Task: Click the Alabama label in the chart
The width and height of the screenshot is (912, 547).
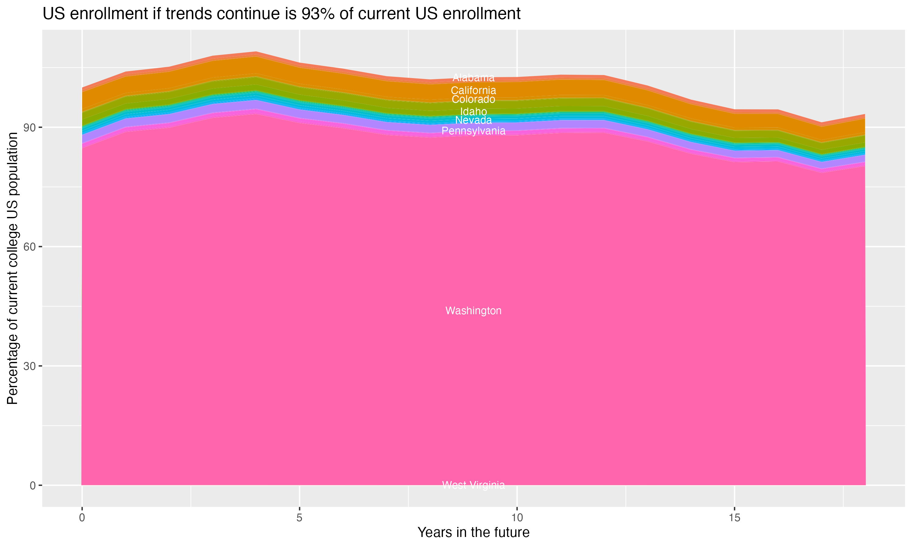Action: coord(473,78)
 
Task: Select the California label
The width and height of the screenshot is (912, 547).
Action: coord(473,90)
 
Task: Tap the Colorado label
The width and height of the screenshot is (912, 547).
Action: coord(473,99)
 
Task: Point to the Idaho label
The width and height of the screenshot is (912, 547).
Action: coord(473,111)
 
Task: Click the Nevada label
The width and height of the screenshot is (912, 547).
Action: coord(473,120)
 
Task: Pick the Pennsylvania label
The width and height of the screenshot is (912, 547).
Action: coord(473,131)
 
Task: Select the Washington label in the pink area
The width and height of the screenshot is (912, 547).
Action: coord(473,311)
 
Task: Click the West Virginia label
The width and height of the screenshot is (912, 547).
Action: coord(473,485)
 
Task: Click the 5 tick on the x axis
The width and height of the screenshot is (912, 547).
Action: coord(299,518)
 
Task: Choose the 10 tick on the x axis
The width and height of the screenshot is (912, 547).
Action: coord(517,518)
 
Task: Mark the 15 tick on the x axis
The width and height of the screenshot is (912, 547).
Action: coord(735,518)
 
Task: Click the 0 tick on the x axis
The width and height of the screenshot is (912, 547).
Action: coord(82,518)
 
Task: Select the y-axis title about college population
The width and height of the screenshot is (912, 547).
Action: coord(12,268)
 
